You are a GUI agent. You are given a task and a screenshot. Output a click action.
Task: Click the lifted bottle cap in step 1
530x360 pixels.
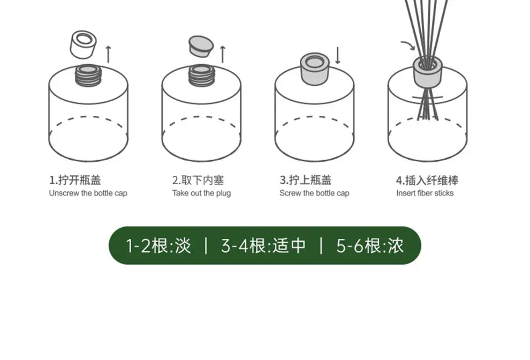coord(83,44)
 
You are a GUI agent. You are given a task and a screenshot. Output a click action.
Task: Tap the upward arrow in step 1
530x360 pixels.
coord(108,54)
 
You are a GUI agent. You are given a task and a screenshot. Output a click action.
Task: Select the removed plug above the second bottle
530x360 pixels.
coord(201,47)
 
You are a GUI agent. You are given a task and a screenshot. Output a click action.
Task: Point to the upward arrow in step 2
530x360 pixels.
coord(222,54)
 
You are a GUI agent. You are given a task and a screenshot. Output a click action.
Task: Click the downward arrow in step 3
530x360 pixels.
coord(337,56)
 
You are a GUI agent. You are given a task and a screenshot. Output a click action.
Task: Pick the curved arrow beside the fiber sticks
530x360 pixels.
coord(408,46)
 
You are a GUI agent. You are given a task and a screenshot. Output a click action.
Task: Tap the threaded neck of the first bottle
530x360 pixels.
coord(88,75)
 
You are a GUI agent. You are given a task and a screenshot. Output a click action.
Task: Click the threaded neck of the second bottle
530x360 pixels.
coord(202,75)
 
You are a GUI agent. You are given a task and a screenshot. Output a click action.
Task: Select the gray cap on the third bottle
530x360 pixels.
coord(315,69)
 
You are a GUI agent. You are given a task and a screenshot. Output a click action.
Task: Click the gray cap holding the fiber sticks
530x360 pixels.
coord(428,72)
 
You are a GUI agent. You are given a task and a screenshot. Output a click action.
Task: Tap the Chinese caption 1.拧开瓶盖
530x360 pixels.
coord(75,180)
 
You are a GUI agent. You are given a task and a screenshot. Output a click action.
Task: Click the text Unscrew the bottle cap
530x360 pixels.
coord(88,193)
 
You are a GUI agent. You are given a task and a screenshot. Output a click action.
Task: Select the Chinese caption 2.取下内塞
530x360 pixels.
coord(198,180)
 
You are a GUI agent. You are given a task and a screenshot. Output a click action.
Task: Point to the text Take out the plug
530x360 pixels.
coord(201,193)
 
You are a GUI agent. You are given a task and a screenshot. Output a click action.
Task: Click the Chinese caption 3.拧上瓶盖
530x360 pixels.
coord(306,180)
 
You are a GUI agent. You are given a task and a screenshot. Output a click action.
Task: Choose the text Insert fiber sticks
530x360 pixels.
coord(425,193)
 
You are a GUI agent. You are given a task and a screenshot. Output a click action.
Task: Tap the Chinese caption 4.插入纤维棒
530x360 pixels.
coord(427,181)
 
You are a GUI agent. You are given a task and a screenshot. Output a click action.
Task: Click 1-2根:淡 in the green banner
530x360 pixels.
coord(158,246)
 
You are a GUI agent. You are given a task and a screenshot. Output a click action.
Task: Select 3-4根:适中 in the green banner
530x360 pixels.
coord(263,246)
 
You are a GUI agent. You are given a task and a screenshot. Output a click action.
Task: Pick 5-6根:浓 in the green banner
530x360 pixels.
coord(370,246)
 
